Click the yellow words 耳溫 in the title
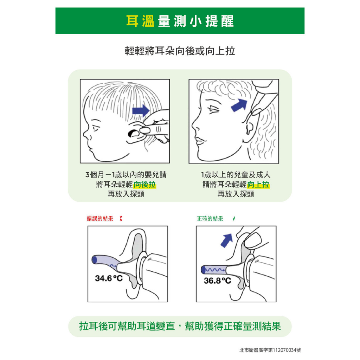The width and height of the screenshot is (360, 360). [140, 21]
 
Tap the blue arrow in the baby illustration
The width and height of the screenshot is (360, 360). [141, 111]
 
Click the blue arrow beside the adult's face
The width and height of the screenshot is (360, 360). [239, 105]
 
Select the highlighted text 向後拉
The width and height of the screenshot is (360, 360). [144, 184]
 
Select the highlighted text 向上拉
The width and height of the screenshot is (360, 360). [258, 184]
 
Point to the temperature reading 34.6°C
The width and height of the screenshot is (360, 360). [109, 278]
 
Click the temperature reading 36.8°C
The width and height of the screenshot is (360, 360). [217, 280]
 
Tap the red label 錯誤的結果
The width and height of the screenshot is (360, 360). [100, 218]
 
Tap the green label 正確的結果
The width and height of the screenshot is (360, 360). [210, 218]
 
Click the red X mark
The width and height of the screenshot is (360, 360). [121, 218]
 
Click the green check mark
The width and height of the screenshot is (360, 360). [234, 218]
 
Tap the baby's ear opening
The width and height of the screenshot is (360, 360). [133, 133]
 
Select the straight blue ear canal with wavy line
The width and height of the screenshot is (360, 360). [213, 270]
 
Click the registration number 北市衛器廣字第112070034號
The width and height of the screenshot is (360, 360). [270, 350]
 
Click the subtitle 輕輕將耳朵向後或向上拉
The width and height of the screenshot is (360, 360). [180, 51]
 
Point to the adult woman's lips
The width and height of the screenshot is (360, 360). [199, 140]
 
